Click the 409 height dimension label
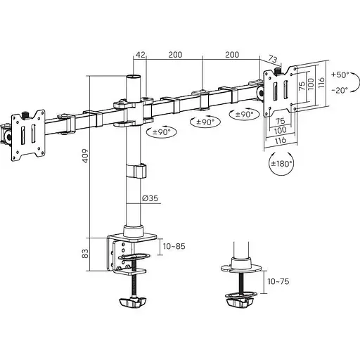[x=85, y=155]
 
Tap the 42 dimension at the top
[x=141, y=55]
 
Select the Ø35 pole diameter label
[x=150, y=198]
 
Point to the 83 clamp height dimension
[x=85, y=254]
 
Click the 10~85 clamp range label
[x=174, y=246]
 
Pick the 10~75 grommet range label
[x=278, y=281]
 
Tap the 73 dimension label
[x=273, y=58]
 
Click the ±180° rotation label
[x=281, y=163]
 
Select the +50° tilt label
[x=340, y=75]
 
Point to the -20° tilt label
[x=340, y=90]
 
